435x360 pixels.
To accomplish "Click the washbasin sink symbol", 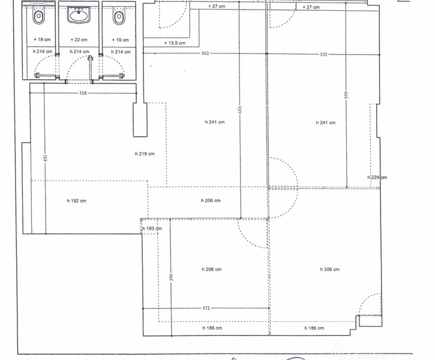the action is coord(79,15).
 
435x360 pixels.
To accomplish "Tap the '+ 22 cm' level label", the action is coord(79,40).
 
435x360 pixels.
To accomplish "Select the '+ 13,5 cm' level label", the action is coord(175,43).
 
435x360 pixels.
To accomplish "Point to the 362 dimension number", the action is coord(205,53).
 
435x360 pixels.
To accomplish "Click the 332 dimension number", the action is coord(323,55).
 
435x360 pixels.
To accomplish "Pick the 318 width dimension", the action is coord(83,93).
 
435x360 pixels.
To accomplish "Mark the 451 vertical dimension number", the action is coord(46,158).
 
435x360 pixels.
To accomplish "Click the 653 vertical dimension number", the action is coord(240,110).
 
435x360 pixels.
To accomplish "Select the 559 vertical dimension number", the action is coord(346,95).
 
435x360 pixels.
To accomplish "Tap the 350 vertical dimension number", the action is coord(171,277).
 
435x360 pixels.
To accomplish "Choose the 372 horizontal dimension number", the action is coord(206,308).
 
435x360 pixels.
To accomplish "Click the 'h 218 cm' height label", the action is coord(145,154).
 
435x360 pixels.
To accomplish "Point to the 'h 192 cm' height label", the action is coord(77,201).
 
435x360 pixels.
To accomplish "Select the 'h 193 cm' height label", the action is coord(152,229).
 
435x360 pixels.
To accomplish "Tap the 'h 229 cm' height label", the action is coord(377,178).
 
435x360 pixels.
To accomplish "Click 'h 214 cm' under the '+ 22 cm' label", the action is coord(79,52).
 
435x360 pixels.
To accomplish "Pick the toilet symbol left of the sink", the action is coord(38,17).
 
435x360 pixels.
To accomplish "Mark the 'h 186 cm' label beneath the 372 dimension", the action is coord(212,328).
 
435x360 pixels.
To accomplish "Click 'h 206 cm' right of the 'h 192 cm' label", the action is coord(211,200).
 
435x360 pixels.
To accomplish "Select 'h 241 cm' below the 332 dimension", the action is coord(326,122).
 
